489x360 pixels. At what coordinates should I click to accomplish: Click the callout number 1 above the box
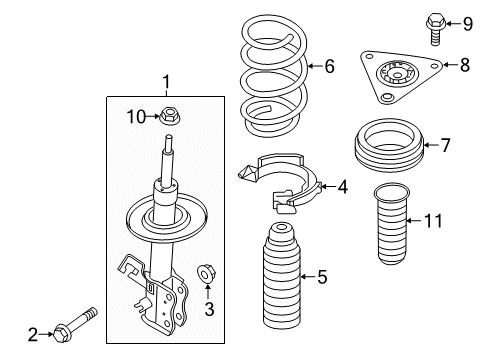[x=167, y=83]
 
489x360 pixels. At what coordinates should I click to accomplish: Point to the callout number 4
[x=342, y=185]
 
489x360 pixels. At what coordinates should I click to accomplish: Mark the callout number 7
[x=447, y=145]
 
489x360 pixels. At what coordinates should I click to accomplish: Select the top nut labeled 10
[x=171, y=117]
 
